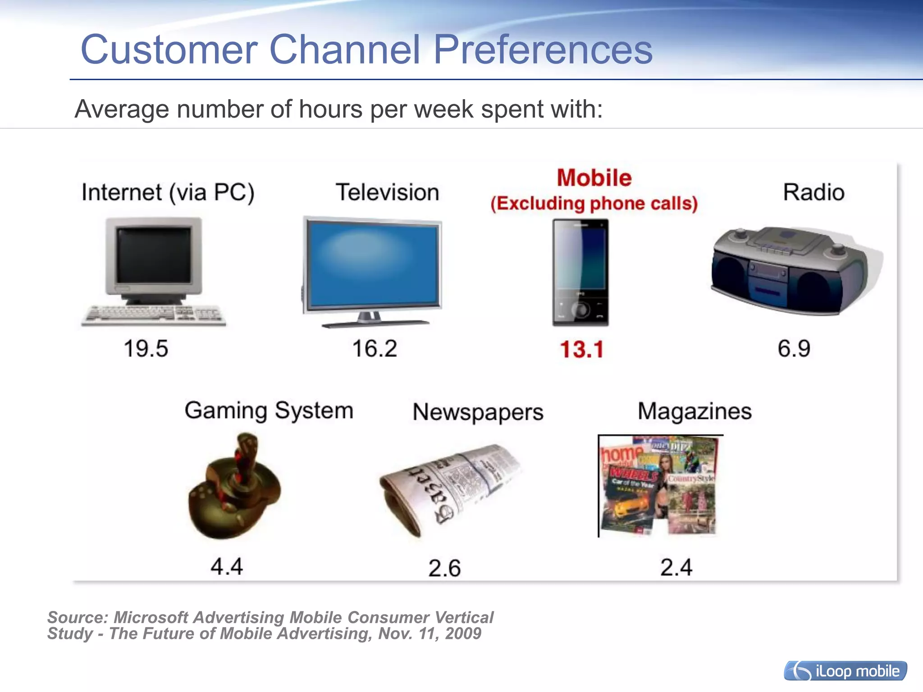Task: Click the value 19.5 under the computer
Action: click(146, 349)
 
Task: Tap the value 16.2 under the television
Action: click(375, 349)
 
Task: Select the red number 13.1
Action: click(581, 350)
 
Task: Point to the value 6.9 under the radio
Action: click(794, 349)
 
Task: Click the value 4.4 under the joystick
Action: click(227, 566)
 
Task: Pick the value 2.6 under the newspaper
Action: click(444, 568)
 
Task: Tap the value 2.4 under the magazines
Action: click(676, 567)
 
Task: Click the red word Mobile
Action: click(594, 178)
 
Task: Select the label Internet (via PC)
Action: click(168, 192)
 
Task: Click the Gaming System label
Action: click(269, 411)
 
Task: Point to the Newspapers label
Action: click(478, 412)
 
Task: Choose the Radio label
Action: click(813, 192)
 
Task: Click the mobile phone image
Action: click(580, 272)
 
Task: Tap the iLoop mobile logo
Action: click(845, 671)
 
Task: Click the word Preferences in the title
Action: click(543, 50)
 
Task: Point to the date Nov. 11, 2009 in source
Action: click(430, 634)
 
